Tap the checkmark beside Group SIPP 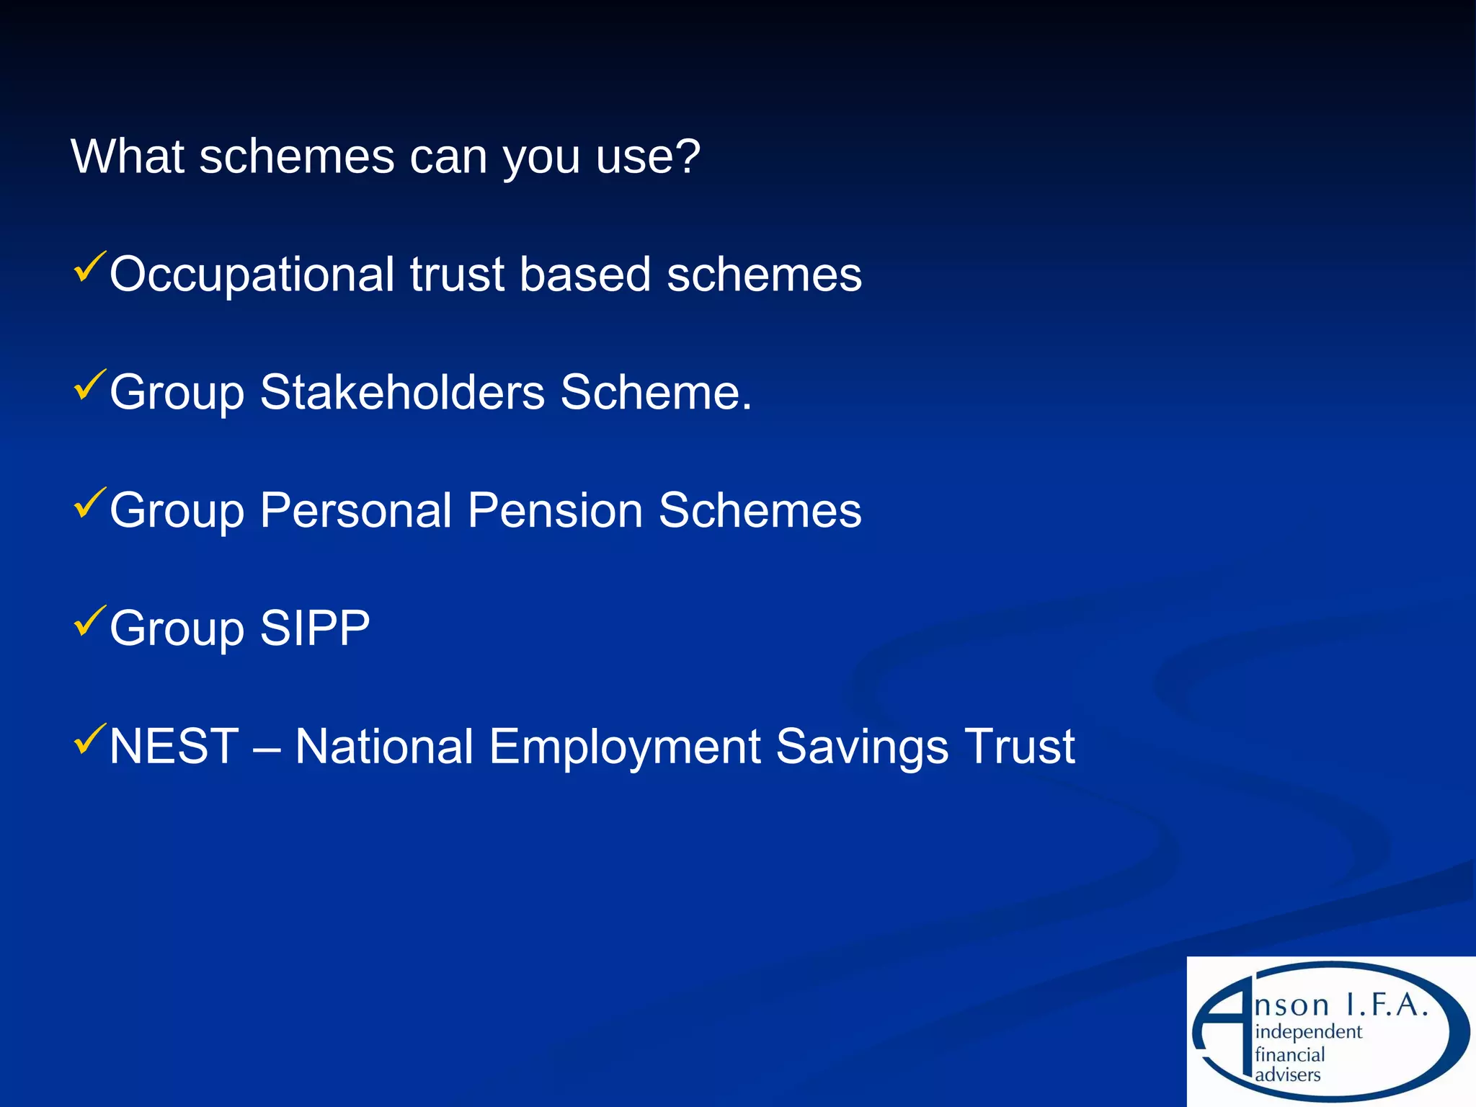(90, 621)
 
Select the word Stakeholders (402, 393)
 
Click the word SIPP (315, 628)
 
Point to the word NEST (174, 746)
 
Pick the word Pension (556, 511)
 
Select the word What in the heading (128, 156)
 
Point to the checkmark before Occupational (90, 267)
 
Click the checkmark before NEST (90, 739)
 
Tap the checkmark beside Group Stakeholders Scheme (90, 386)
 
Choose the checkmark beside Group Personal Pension (90, 504)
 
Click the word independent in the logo (1308, 1032)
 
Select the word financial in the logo (1290, 1054)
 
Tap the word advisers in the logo (1288, 1075)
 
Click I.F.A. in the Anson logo (1387, 1005)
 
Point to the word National (384, 746)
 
